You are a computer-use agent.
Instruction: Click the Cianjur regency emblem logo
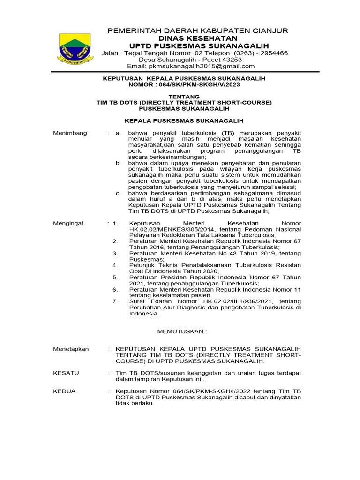75,47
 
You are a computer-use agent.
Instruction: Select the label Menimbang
70,133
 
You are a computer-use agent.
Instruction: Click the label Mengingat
68,223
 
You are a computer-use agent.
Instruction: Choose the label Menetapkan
71,349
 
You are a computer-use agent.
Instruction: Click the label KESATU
66,373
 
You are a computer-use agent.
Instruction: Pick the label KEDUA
64,391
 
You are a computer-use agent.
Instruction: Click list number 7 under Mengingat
115,301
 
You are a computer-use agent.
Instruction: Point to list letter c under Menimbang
119,193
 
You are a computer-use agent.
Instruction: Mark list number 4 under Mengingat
115,265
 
